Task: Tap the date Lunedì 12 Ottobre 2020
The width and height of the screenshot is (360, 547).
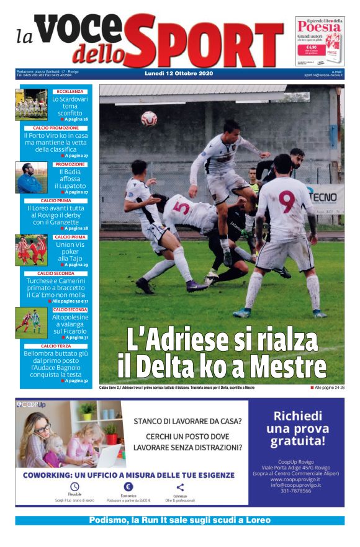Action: point(178,74)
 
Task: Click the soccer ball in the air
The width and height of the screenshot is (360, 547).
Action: point(149,118)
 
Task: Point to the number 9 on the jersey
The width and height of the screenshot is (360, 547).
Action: point(286,201)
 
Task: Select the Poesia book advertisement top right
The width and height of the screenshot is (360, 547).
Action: point(320,42)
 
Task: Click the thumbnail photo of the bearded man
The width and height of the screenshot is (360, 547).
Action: point(31,177)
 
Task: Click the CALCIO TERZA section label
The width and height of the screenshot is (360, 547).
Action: point(56,346)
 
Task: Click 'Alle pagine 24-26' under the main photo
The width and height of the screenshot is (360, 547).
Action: point(327,388)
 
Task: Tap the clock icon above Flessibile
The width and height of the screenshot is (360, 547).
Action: point(74,487)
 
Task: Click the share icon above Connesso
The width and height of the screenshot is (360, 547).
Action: point(180,487)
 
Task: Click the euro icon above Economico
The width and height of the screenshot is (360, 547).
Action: point(128,487)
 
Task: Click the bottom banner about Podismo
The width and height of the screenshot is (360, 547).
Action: point(180,520)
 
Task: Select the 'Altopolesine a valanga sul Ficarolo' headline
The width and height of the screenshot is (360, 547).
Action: point(70,324)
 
